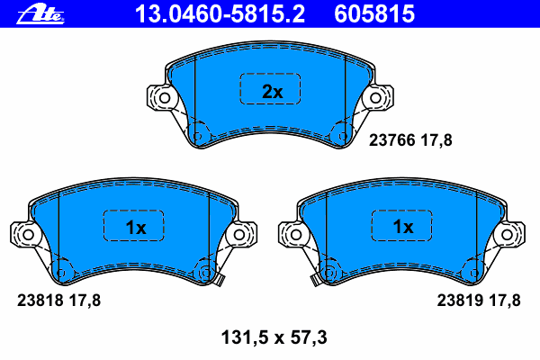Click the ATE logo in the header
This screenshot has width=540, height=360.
pos(40,14)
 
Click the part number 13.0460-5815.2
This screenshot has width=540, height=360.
pos(220,14)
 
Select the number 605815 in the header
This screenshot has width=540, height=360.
pos(374,14)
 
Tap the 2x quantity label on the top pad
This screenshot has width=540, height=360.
pos(272,92)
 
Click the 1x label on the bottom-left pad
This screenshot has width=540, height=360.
pos(136,228)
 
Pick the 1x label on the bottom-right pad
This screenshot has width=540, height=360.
pos(403,227)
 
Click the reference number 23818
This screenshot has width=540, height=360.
pos(40,301)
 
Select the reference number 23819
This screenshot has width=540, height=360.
pos(460,301)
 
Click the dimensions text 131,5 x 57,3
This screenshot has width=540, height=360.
pos(274,337)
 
